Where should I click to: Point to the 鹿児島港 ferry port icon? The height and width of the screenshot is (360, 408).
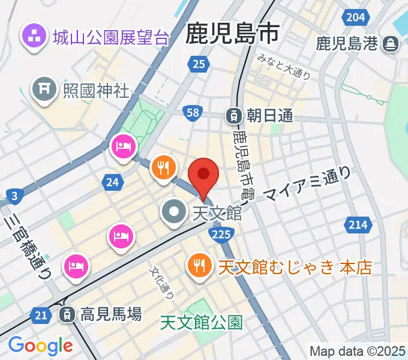point(391,44)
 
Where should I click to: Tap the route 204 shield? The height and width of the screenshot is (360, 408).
point(356,17)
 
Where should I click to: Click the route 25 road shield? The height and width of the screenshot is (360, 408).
point(200,64)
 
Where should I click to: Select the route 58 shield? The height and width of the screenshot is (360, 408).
point(193,113)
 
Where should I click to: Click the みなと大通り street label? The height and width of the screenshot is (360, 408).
point(284,67)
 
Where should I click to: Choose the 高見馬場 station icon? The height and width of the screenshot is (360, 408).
point(67,313)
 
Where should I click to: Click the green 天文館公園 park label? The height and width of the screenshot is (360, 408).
point(202,323)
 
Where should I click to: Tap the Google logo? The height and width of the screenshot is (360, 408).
point(40,346)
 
